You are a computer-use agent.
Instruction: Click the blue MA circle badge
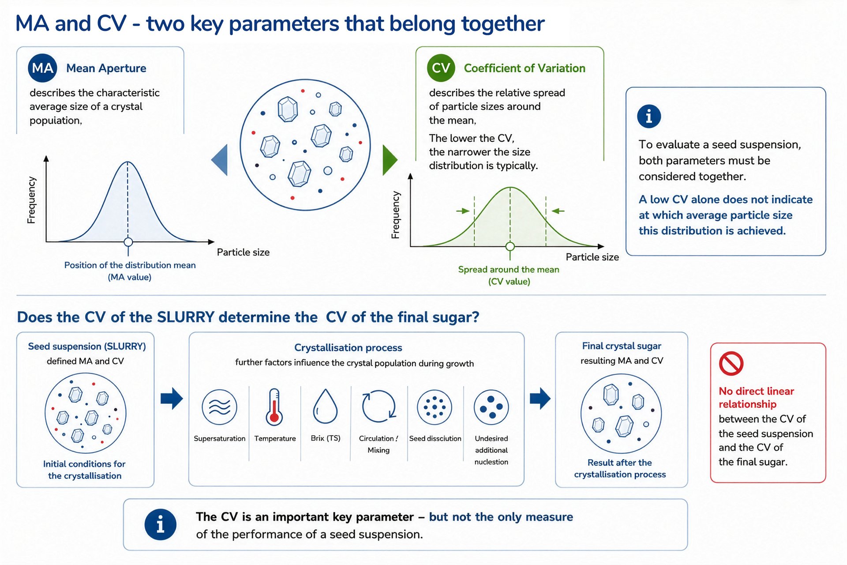pyautogui.click(x=42, y=68)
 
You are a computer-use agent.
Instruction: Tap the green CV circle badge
pyautogui.click(x=441, y=68)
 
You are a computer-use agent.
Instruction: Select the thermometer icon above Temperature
pyautogui.click(x=274, y=407)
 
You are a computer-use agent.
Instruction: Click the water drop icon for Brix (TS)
pyautogui.click(x=325, y=407)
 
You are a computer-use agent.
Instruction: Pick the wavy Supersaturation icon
pyautogui.click(x=219, y=407)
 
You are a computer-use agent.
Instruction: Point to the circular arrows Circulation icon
pyautogui.click(x=379, y=406)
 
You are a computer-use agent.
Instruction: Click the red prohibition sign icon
pyautogui.click(x=731, y=364)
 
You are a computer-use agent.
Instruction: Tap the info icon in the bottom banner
pyautogui.click(x=161, y=524)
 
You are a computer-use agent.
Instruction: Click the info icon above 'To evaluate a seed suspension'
pyautogui.click(x=649, y=117)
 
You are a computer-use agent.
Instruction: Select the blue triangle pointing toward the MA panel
pyautogui.click(x=220, y=160)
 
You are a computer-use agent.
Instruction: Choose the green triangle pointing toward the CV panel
pyautogui.click(x=390, y=160)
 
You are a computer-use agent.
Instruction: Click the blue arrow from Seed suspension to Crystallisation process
pyautogui.click(x=172, y=399)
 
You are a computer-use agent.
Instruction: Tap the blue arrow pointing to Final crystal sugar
pyautogui.click(x=540, y=399)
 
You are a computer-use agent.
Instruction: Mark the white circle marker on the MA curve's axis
pyautogui.click(x=128, y=242)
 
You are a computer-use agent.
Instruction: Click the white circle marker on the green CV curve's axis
pyautogui.click(x=510, y=246)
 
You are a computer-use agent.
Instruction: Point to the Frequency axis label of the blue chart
pyautogui.click(x=31, y=200)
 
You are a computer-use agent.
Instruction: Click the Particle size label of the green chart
pyautogui.click(x=592, y=257)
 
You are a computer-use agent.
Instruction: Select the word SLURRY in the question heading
pyautogui.click(x=186, y=317)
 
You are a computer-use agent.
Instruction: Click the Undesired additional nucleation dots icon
pyautogui.click(x=491, y=407)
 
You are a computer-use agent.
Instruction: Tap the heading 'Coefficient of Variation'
pyautogui.click(x=525, y=68)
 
